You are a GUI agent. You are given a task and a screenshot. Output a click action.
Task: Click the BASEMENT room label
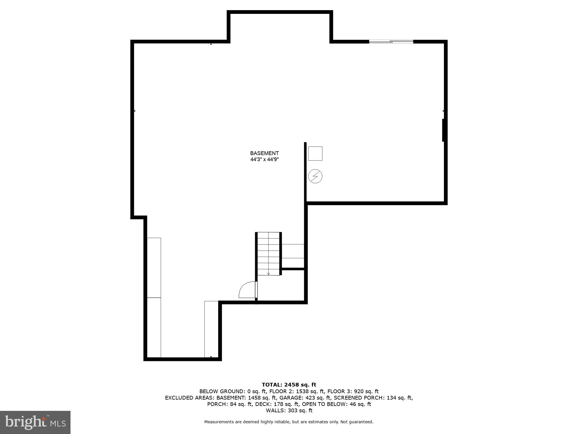pyautogui.click(x=264, y=153)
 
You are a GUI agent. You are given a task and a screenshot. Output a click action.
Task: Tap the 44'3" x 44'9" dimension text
pyautogui.click(x=264, y=159)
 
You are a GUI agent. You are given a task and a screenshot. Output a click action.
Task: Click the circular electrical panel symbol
pyautogui.click(x=315, y=176)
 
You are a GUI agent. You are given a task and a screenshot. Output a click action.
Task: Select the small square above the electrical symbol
pyautogui.click(x=315, y=153)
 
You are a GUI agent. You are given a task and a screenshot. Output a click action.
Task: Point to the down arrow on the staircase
pyautogui.click(x=268, y=273)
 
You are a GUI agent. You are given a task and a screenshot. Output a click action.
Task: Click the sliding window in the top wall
pyautogui.click(x=391, y=42)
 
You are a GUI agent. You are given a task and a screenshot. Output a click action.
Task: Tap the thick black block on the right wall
pyautogui.click(x=443, y=130)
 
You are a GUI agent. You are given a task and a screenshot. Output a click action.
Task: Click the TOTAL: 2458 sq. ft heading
pyautogui.click(x=289, y=385)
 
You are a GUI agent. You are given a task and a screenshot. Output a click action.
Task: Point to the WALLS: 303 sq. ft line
pyautogui.click(x=289, y=410)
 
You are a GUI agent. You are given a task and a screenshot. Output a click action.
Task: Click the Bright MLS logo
pyautogui.click(x=35, y=422)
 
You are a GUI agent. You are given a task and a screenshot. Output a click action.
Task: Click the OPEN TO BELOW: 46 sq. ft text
pyautogui.click(x=336, y=404)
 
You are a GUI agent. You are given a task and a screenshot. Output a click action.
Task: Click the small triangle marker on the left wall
pyautogui.click(x=134, y=111)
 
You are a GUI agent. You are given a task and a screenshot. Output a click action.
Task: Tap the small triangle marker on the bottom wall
pyautogui.click(x=211, y=357)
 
